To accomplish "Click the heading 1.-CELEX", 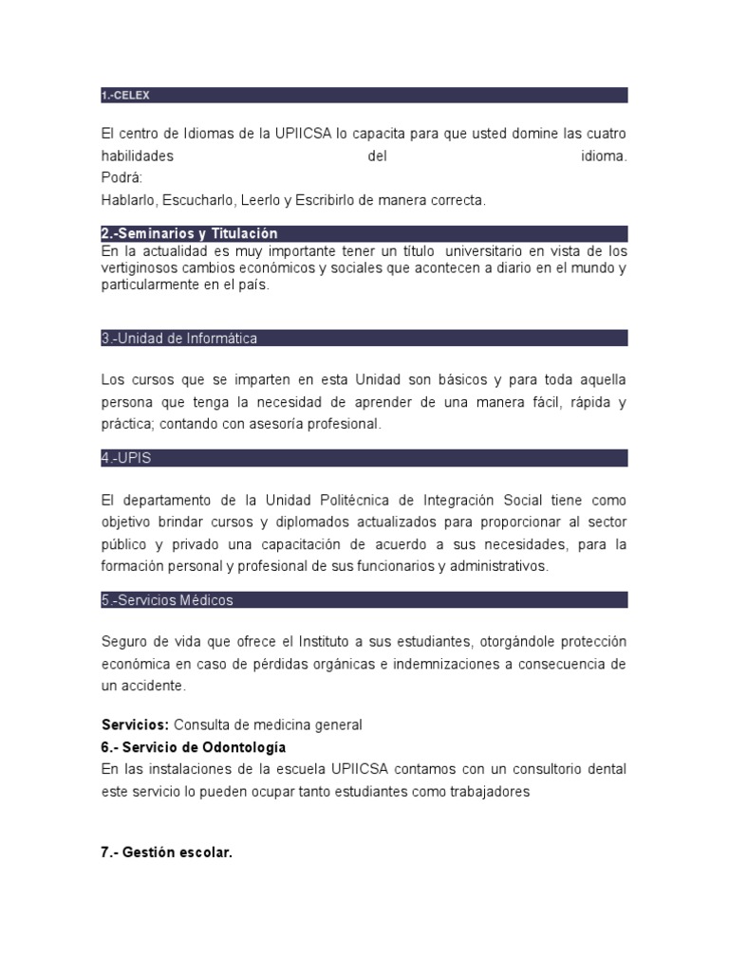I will point(125,95).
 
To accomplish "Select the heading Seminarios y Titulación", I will point(189,233).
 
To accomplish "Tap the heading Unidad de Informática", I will point(179,339).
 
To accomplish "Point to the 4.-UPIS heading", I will point(126,458).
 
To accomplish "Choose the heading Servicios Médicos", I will point(167,600).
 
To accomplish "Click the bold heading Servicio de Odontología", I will point(194,747).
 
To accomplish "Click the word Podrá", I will point(120,177).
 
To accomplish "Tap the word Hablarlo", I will point(130,200).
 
